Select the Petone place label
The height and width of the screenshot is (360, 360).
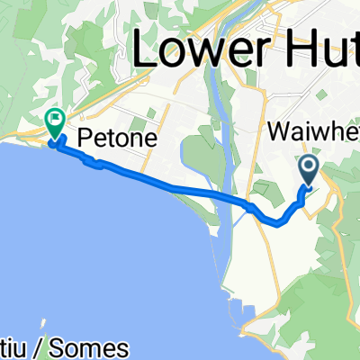coord(118,139)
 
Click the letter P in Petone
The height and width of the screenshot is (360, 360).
coord(85,139)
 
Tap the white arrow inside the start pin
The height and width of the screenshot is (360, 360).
coord(308,166)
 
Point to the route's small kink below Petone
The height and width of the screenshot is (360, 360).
coord(92,163)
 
